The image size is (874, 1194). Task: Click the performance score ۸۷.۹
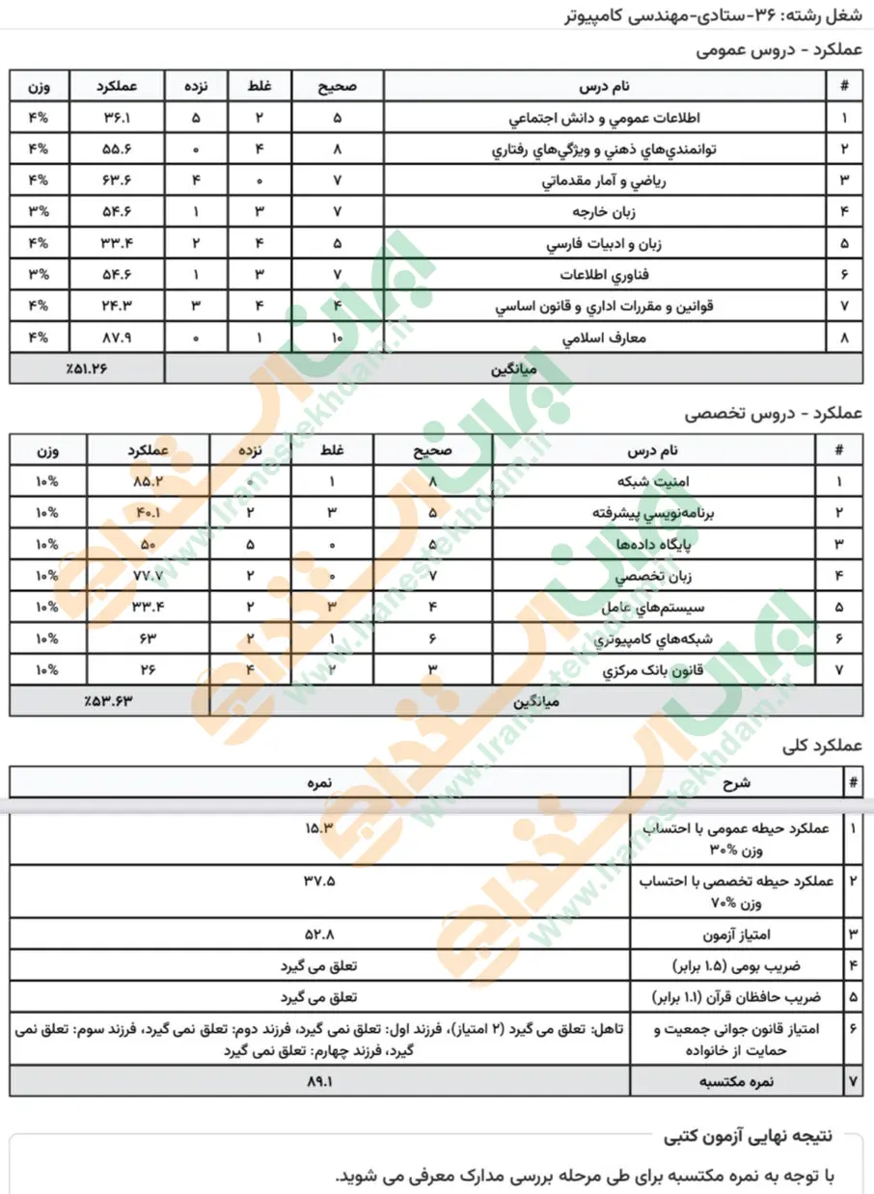click(x=118, y=339)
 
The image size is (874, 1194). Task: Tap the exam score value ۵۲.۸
click(x=318, y=934)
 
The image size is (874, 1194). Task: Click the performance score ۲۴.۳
click(x=118, y=308)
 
